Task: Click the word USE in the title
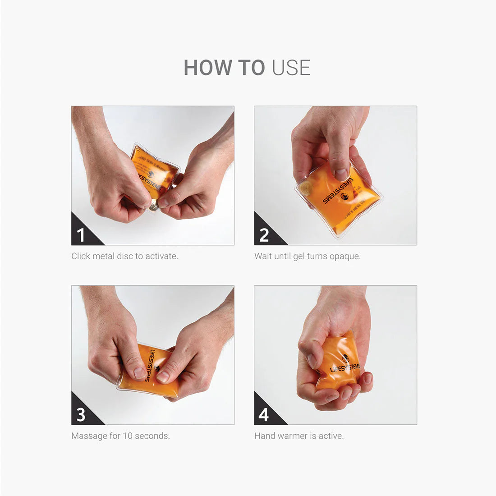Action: coord(291,68)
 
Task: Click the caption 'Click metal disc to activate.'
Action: coord(124,256)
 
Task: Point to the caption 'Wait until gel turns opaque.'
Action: coord(307,256)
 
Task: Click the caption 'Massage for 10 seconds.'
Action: coord(120,436)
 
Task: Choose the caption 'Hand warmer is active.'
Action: coord(299,436)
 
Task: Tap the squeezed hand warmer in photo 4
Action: coord(338,361)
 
